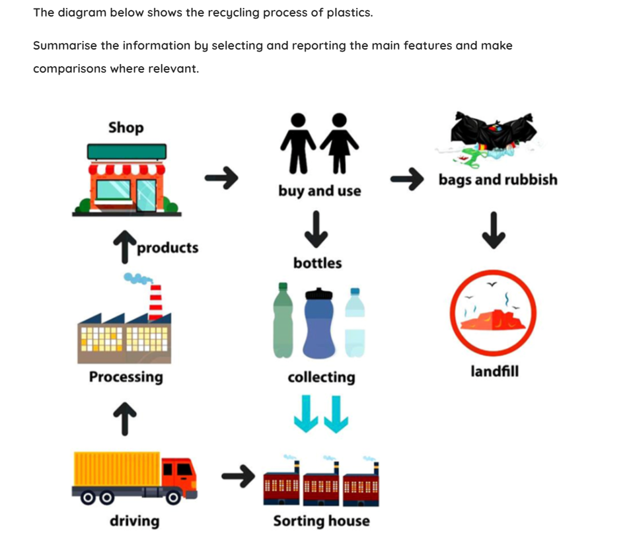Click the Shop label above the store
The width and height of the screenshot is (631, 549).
126,127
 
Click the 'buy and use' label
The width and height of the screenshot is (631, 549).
320,191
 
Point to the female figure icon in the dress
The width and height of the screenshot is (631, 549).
339,143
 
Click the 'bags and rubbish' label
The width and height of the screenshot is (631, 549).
498,180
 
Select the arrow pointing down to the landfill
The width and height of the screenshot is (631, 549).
493,232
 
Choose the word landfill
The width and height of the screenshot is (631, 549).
494,371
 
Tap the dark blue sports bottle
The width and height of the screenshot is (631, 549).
319,323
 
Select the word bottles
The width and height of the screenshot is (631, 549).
318,263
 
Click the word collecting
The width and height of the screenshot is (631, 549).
321,377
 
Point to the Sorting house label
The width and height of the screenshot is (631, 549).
321,521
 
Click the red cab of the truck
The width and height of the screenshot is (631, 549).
180,475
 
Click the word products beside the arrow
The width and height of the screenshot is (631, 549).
168,248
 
